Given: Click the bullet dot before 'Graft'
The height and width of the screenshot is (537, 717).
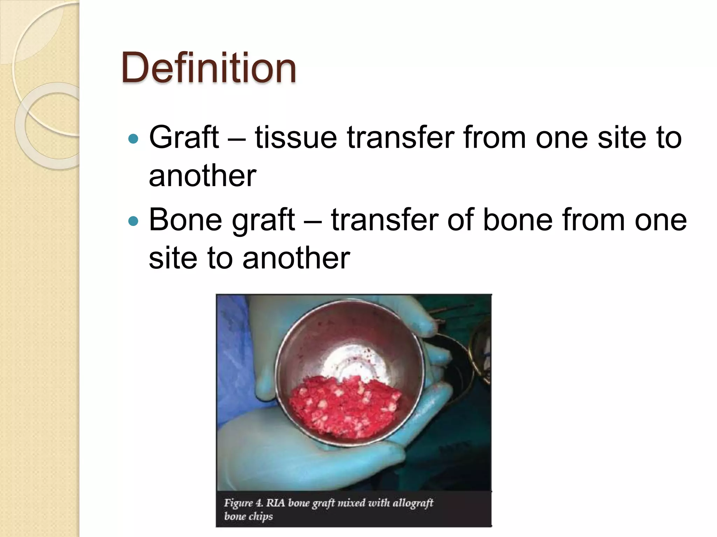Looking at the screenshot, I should pos(133,139).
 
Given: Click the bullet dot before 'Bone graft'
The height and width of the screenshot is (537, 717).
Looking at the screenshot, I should pos(133,221).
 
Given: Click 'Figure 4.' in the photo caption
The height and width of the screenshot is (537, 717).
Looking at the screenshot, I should pos(243,503).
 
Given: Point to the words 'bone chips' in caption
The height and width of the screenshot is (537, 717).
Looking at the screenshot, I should pos(248,516).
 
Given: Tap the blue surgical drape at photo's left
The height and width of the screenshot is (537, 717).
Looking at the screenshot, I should pos(233,350).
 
